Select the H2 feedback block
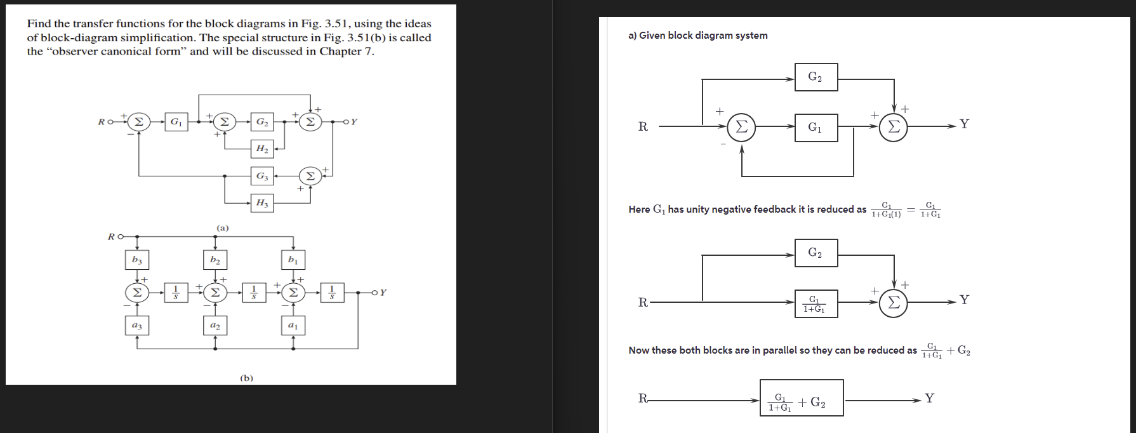pos(261,149)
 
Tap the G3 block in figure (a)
pos(261,176)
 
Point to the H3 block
pos(261,203)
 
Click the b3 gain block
pos(137,260)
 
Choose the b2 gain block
pos(215,260)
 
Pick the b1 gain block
pos(293,260)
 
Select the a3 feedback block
pos(137,326)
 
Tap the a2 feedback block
pos(215,326)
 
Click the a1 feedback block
pos(293,326)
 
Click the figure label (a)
pos(223,227)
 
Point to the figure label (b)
pos(247,378)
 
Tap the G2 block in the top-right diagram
pos(816,77)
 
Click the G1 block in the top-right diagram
pos(816,128)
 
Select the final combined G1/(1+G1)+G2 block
pos(802,398)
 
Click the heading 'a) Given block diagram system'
pos(697,36)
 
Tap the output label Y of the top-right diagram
pos(965,124)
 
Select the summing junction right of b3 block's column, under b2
pos(215,293)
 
